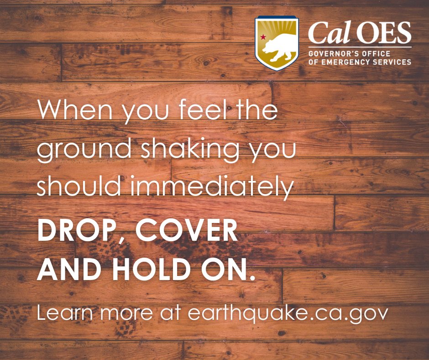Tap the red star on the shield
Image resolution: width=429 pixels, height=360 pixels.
point(262,36)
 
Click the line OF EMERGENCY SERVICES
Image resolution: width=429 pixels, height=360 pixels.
point(360,62)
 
